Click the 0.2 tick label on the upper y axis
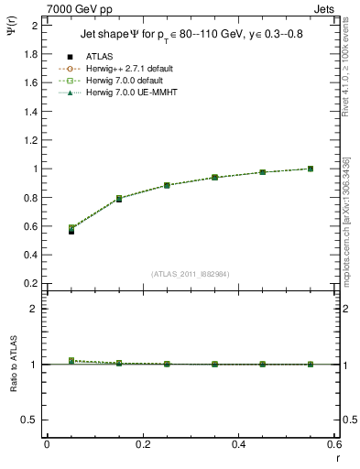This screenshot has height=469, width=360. tap(30, 283)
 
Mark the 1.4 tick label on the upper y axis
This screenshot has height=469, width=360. tap(30, 111)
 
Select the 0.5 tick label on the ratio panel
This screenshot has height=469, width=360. tap(30, 420)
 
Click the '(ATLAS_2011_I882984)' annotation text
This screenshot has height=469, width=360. tap(191, 274)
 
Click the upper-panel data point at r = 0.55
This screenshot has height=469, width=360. tap(311, 169)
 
